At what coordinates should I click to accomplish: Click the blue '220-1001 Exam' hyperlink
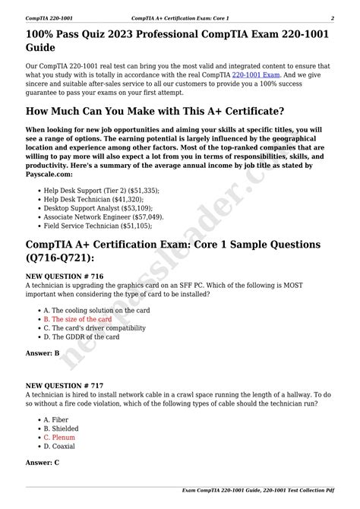(x=256, y=76)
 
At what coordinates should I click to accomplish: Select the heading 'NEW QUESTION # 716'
(x=64, y=276)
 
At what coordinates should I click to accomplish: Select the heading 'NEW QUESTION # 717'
(x=64, y=384)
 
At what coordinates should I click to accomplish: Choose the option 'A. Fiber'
(x=57, y=419)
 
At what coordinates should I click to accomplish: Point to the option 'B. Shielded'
(x=62, y=428)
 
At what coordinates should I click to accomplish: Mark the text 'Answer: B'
(x=43, y=353)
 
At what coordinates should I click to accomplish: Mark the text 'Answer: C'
(x=43, y=462)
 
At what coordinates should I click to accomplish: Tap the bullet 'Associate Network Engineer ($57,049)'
(x=103, y=216)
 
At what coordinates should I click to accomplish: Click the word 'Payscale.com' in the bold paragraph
(x=50, y=173)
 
